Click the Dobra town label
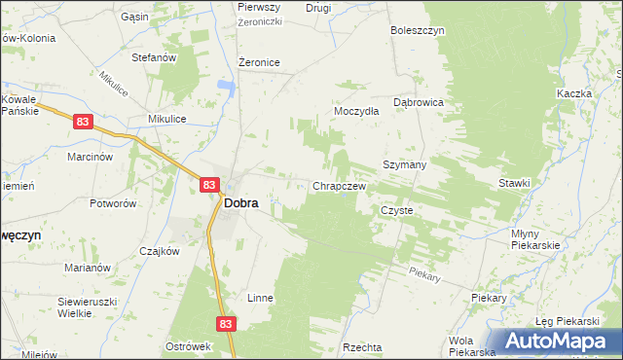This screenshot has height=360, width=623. click(x=240, y=204)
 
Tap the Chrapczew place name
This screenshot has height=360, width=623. click(x=338, y=186)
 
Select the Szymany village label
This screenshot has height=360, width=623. click(x=405, y=165)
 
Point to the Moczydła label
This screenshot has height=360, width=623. click(x=356, y=111)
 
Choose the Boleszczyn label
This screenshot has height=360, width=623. click(x=418, y=30)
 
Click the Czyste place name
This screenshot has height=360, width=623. click(x=397, y=210)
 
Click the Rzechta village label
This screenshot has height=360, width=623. click(x=362, y=347)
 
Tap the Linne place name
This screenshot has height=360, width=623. click(x=259, y=298)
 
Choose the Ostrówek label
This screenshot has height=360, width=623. click(x=189, y=347)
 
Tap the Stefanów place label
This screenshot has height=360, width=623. click(x=153, y=57)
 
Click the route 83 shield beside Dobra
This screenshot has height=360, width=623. click(x=209, y=184)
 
